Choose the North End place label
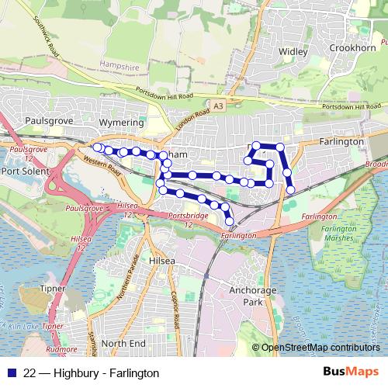pyautogui.click(x=123, y=343)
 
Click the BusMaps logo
pyautogui.click(x=350, y=372)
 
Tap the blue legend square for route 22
pyautogui.click(x=10, y=373)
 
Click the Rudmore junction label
pyautogui.click(x=61, y=348)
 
